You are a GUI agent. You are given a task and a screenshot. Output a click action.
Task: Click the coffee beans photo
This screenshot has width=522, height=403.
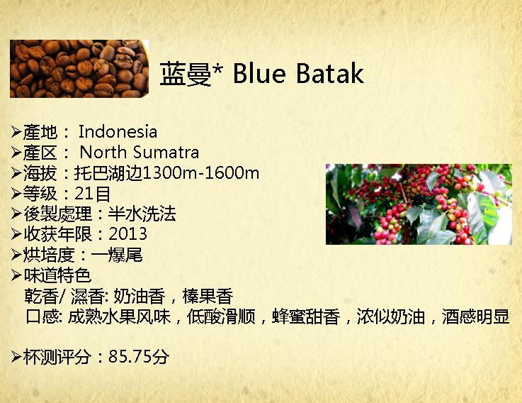pos(79,69)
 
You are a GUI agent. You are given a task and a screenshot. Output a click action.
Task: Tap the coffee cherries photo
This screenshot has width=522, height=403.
pos(419,204)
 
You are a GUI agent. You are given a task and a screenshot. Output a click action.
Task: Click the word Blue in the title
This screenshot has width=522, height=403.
pos(259,73)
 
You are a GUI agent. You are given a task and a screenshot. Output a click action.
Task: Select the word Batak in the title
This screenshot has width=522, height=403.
pos(329,73)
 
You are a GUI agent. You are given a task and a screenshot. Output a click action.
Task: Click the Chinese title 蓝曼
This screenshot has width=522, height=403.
pos(186,74)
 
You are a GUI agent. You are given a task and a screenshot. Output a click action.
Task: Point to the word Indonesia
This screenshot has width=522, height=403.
pos(118,132)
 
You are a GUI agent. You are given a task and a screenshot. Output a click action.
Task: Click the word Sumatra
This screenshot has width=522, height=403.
pos(166,153)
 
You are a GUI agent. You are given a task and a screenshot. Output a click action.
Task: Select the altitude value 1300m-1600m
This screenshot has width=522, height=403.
pos(200,173)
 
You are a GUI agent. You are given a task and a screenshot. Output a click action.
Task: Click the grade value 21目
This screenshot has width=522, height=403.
pos(93,194)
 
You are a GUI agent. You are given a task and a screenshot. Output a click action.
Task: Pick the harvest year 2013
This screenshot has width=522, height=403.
pos(127,235)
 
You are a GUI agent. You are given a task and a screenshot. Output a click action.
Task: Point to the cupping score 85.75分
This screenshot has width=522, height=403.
pos(139,357)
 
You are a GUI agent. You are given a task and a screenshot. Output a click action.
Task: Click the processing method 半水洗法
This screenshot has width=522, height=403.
pos(142,214)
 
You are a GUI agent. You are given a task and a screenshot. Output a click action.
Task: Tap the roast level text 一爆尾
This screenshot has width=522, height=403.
pos(117,255)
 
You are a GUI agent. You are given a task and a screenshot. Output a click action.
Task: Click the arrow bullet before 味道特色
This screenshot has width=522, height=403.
pos(16,275)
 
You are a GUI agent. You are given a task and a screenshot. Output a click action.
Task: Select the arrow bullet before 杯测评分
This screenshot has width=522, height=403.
pos(16,357)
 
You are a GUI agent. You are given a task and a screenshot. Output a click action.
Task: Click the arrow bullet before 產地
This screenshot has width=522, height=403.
pos(16,132)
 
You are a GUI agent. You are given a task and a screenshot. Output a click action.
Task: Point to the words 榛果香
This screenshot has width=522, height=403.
pos(208,297)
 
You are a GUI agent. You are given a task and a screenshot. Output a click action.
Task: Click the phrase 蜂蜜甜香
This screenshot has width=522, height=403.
pos(306,316)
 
